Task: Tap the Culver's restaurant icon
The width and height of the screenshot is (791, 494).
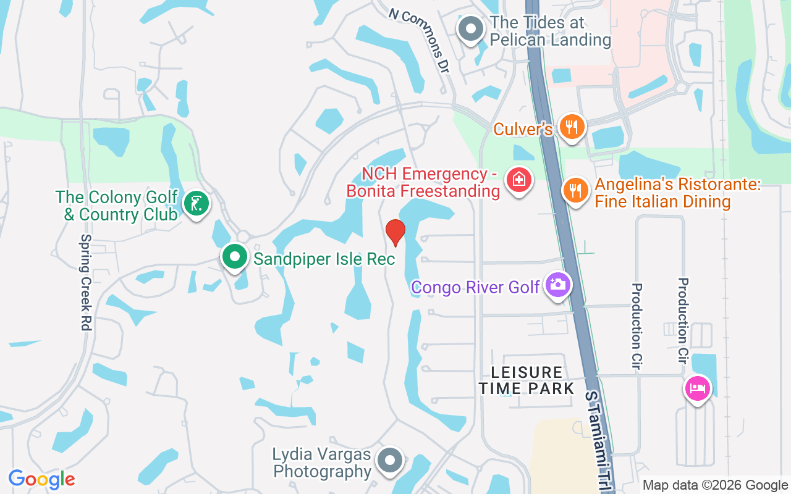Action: tap(572, 127)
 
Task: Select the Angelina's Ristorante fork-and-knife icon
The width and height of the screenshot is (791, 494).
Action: tap(575, 190)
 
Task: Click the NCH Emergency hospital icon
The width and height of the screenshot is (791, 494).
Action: tap(518, 180)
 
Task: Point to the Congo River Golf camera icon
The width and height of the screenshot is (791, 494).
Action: tap(557, 285)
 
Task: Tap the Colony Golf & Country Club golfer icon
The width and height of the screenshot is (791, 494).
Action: tap(197, 203)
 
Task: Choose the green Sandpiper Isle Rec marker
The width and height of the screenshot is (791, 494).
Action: tap(234, 257)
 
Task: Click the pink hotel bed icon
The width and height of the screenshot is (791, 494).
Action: tap(697, 388)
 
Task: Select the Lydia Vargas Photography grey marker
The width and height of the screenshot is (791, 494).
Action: tap(390, 460)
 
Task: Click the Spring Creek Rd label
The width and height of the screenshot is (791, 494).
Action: tap(86, 282)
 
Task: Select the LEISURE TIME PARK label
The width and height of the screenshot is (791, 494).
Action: tap(527, 380)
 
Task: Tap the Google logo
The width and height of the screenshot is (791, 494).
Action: tap(41, 479)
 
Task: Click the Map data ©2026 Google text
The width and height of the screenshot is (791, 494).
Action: tap(715, 485)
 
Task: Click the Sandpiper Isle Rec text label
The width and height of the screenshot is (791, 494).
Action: tap(324, 259)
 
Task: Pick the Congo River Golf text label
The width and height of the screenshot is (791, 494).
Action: tap(476, 287)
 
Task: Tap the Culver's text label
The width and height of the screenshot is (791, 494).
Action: tap(522, 129)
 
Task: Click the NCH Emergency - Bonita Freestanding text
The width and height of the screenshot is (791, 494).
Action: tap(423, 182)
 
